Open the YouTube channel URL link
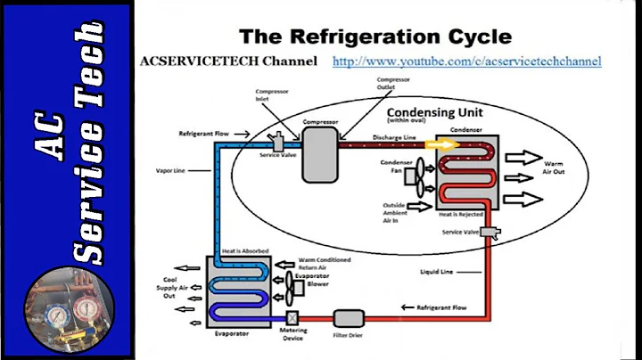point(466,61)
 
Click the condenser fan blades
point(417,177)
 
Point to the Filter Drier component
point(347,317)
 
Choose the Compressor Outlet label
point(393,85)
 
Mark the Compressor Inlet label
point(272,96)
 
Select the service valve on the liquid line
point(490,233)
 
